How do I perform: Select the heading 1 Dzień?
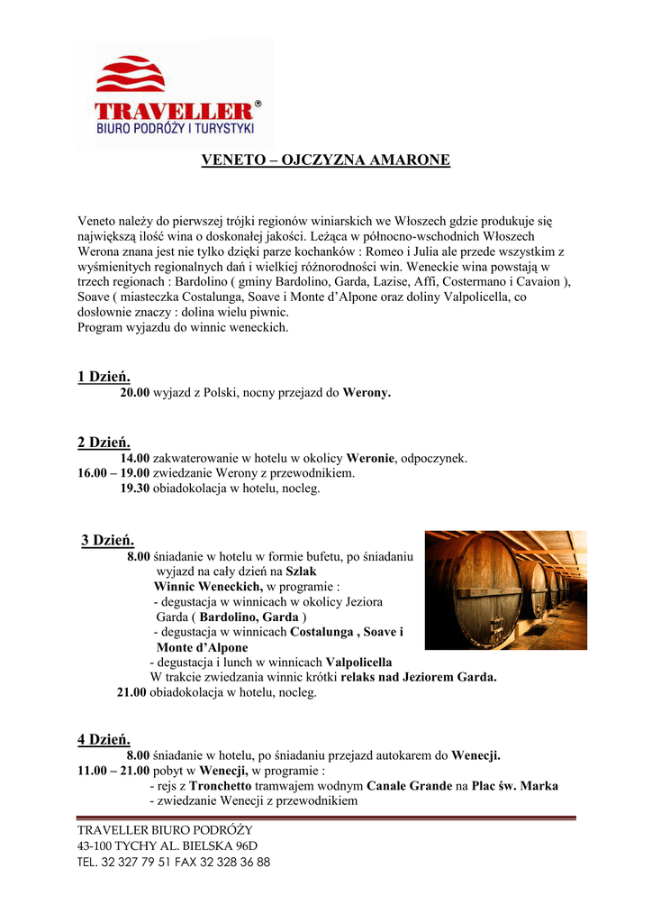click(x=104, y=376)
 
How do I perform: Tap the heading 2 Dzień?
click(x=104, y=442)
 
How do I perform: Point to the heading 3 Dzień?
click(x=107, y=540)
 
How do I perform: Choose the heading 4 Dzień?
click(x=104, y=739)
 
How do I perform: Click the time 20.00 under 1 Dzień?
click(x=134, y=393)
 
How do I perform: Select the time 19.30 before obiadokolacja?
click(x=134, y=489)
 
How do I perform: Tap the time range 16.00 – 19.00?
click(x=113, y=473)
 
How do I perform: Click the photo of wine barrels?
click(x=505, y=589)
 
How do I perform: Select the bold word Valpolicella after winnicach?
click(x=358, y=662)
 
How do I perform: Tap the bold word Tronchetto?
click(x=221, y=786)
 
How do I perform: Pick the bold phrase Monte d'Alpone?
click(x=202, y=647)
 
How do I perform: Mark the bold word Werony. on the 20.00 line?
click(x=367, y=393)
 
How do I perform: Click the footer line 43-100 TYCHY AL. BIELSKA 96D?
click(x=168, y=845)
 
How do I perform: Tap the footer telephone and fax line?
click(x=174, y=862)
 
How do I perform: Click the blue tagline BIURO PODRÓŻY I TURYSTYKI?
click(x=176, y=130)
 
